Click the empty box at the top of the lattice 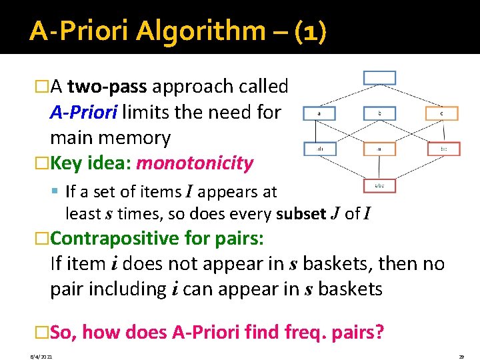(x=379, y=77)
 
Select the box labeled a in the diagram (x=319, y=114)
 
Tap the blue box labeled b (x=379, y=114)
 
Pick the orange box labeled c (x=441, y=114)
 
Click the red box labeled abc (x=379, y=185)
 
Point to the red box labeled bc (x=443, y=149)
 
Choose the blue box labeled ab (x=319, y=149)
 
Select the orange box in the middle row (x=379, y=149)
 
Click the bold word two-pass (x=109, y=87)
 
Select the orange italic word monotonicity (x=195, y=163)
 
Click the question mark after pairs (x=379, y=331)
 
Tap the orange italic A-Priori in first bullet (x=83, y=112)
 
